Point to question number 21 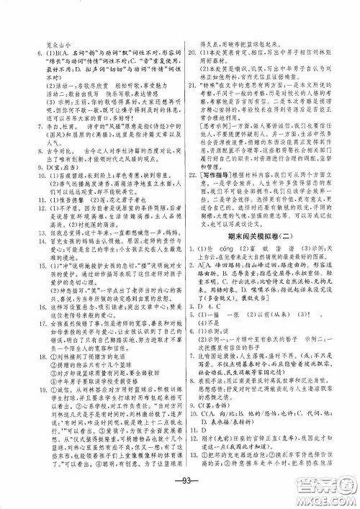191,84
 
